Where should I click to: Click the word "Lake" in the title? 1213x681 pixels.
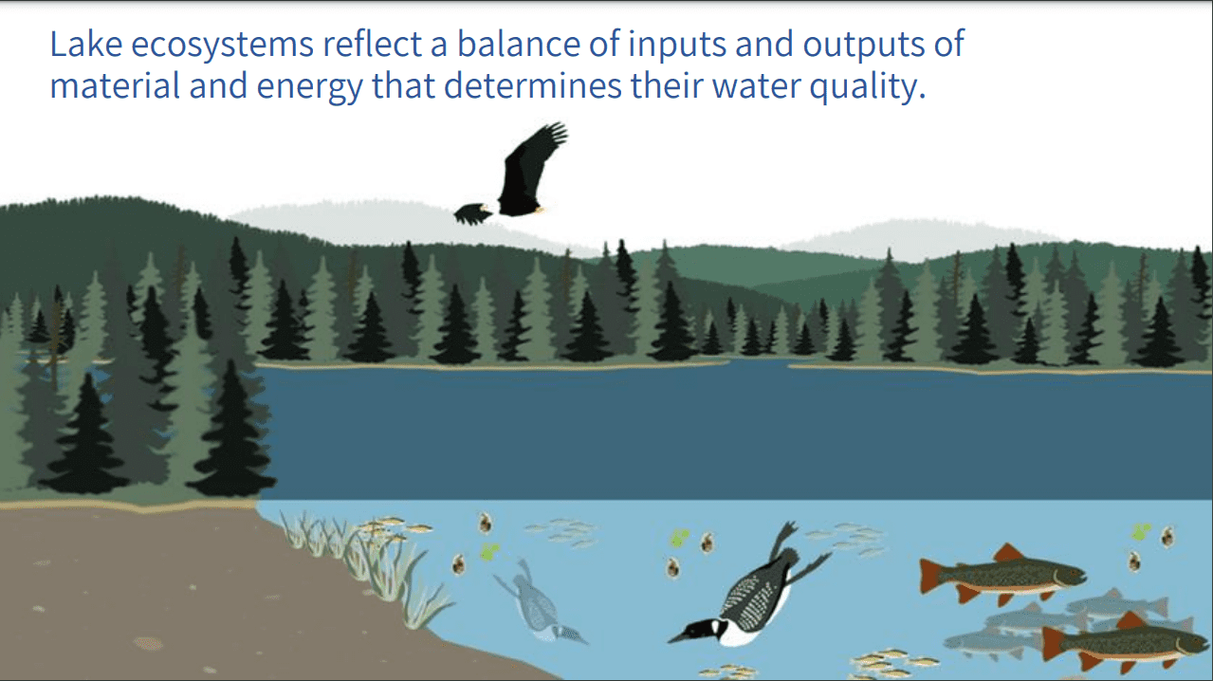(x=86, y=44)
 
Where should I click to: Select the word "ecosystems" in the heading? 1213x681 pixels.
(x=222, y=46)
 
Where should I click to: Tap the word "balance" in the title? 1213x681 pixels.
(x=519, y=44)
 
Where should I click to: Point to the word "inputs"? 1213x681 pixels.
(x=677, y=46)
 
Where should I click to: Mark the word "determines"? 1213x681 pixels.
(x=533, y=86)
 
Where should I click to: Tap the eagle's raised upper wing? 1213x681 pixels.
(x=532, y=162)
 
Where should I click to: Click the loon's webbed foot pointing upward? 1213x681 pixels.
(x=784, y=536)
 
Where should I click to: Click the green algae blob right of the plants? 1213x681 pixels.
(x=489, y=552)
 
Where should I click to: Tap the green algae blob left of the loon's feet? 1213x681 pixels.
(x=680, y=538)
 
